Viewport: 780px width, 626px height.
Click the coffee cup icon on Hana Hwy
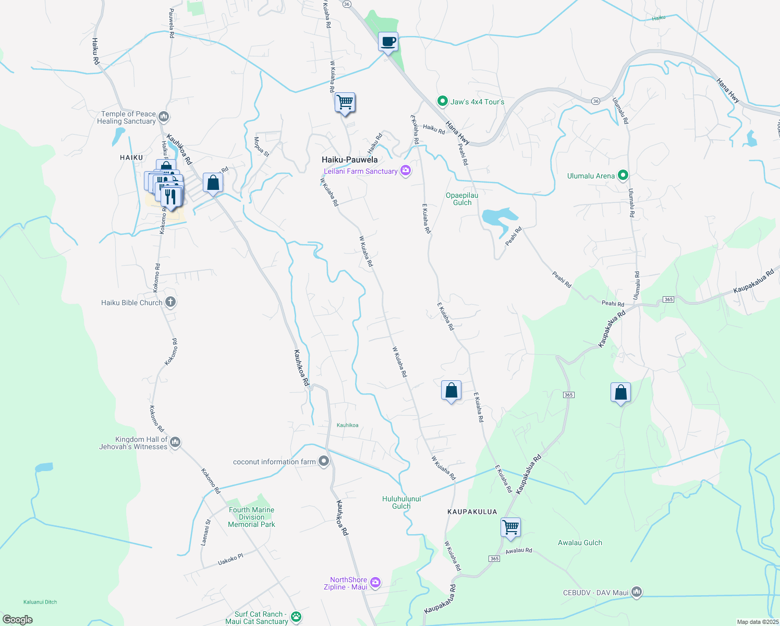(x=388, y=42)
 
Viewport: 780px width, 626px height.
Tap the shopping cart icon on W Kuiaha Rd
(x=345, y=102)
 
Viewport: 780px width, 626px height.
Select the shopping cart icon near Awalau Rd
(x=510, y=527)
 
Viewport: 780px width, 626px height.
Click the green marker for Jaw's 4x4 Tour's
(x=443, y=101)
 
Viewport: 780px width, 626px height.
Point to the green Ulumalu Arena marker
(x=623, y=176)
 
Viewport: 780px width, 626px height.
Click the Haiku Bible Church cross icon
(x=170, y=302)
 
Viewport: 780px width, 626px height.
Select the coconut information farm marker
(x=324, y=461)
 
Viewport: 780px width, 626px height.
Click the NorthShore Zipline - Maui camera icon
(x=375, y=583)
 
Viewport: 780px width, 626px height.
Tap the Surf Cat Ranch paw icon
(x=296, y=617)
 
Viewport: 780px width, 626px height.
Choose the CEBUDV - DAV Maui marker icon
(x=636, y=592)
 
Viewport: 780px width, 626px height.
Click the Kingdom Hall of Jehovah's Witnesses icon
(x=175, y=442)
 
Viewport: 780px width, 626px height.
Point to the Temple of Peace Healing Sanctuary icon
(x=164, y=116)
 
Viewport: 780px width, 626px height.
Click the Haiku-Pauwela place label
(x=349, y=160)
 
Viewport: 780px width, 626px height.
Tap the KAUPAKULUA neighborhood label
(x=472, y=512)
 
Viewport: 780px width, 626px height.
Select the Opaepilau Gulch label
(x=462, y=199)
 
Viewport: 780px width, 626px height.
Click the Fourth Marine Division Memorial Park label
(x=251, y=517)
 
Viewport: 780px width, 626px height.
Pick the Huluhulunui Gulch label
(x=401, y=502)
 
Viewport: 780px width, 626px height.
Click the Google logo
(x=18, y=619)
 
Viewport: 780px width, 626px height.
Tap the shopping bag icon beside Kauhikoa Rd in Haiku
(x=213, y=183)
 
